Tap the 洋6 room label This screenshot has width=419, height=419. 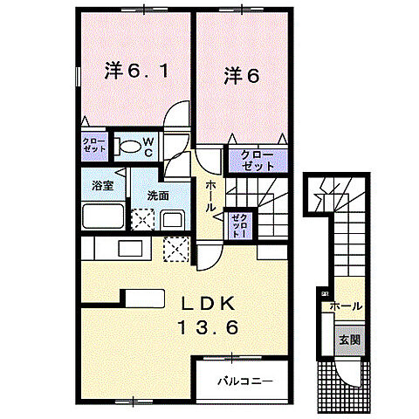coord(240,75)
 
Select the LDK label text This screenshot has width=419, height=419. coord(208,304)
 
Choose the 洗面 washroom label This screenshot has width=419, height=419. coord(157,196)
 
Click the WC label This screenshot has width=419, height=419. coord(148,145)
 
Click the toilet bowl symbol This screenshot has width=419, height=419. coord(128,146)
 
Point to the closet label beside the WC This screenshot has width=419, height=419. coord(94,144)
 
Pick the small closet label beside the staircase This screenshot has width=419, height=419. coord(238,223)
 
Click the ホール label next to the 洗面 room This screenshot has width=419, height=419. coord(212,196)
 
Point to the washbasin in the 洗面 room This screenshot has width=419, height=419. coord(173,218)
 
